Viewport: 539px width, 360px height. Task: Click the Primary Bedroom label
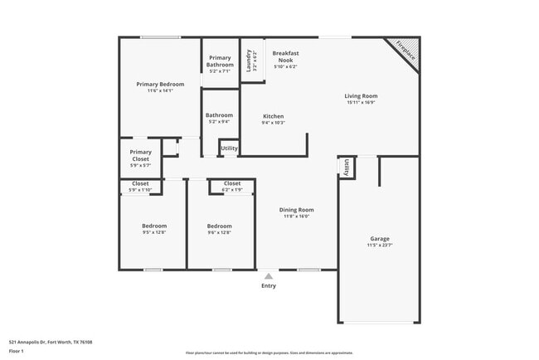pyautogui.click(x=160, y=85)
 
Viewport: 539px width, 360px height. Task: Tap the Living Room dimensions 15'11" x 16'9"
pyautogui.click(x=361, y=103)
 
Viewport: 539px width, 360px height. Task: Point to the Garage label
pyautogui.click(x=380, y=239)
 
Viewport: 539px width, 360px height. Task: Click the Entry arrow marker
pyautogui.click(x=268, y=275)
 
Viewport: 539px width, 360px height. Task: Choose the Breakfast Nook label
pyautogui.click(x=285, y=56)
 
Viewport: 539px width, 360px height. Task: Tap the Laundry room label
pyautogui.click(x=247, y=60)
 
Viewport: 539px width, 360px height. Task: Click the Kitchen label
pyautogui.click(x=274, y=116)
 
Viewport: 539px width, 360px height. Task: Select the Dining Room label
pyautogui.click(x=296, y=210)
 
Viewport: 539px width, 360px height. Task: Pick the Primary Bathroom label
pyautogui.click(x=220, y=61)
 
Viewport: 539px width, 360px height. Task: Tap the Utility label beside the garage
pyautogui.click(x=346, y=167)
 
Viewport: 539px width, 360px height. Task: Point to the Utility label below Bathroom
pyautogui.click(x=229, y=148)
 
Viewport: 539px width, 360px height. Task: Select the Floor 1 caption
pyautogui.click(x=17, y=351)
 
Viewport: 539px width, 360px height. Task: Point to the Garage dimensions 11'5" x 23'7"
pyautogui.click(x=380, y=246)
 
